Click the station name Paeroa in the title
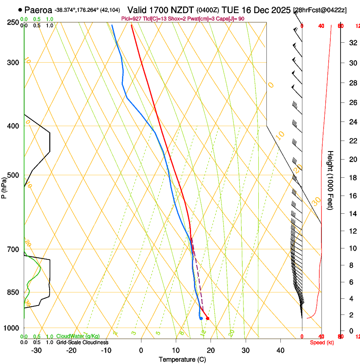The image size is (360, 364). (39, 10)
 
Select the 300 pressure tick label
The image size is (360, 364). (14, 63)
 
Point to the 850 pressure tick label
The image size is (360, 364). (14, 292)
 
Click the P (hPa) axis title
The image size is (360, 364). (4, 185)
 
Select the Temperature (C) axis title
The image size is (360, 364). (182, 359)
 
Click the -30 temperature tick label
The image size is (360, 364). (36, 350)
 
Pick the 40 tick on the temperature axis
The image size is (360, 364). (280, 350)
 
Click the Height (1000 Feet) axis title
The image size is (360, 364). (331, 180)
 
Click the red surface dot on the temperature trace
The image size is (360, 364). (208, 318)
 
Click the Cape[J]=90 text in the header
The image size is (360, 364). (233, 19)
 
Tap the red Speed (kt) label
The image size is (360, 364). (321, 342)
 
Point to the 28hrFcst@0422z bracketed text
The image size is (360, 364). (320, 10)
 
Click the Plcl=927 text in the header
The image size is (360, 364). (133, 19)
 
